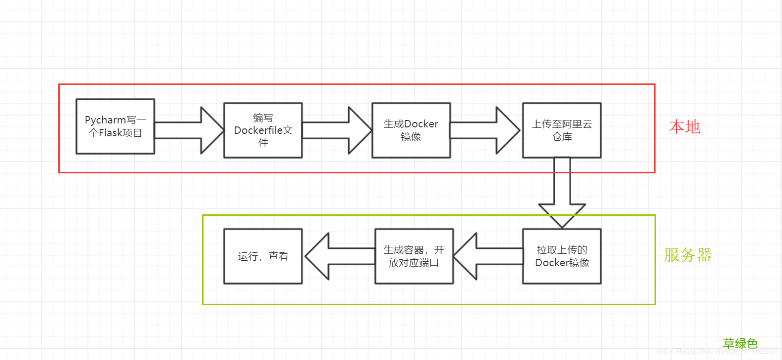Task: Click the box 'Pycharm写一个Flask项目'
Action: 115,126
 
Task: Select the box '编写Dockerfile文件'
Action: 263,130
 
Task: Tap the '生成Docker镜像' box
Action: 411,130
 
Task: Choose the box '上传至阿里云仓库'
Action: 562,130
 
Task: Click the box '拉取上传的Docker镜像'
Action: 562,256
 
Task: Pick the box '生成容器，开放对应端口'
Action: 414,256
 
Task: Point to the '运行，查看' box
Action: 263,256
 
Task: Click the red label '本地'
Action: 684,127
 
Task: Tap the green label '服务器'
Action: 688,255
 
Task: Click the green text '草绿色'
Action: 740,343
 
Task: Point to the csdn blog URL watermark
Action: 716,351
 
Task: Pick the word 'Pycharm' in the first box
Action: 105,120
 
